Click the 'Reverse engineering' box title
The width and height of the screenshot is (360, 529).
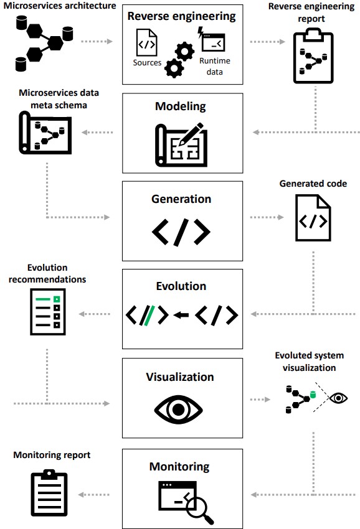[182, 17]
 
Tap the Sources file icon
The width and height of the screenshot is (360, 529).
[146, 42]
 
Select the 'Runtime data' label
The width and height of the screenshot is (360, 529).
[215, 66]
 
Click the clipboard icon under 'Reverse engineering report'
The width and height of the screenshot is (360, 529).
[313, 56]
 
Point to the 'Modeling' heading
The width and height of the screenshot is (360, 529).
[181, 106]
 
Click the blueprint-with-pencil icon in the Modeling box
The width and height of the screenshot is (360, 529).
[181, 144]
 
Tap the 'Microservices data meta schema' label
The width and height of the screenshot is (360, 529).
[59, 99]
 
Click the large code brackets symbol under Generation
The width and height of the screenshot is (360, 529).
[181, 232]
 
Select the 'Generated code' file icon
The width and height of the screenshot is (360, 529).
[313, 218]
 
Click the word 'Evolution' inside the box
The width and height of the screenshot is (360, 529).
[181, 286]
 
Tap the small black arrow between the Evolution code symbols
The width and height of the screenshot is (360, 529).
[181, 315]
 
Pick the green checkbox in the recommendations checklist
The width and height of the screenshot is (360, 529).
[57, 299]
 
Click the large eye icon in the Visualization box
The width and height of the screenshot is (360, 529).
[179, 410]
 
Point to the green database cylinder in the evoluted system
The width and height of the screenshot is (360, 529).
[313, 395]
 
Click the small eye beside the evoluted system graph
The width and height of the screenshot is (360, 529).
[338, 398]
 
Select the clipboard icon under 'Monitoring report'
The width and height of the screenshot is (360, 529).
[49, 492]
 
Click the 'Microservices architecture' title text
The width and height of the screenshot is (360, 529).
[59, 6]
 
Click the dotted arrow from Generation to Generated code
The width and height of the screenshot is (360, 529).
[267, 217]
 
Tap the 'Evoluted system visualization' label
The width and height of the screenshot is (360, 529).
[310, 362]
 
